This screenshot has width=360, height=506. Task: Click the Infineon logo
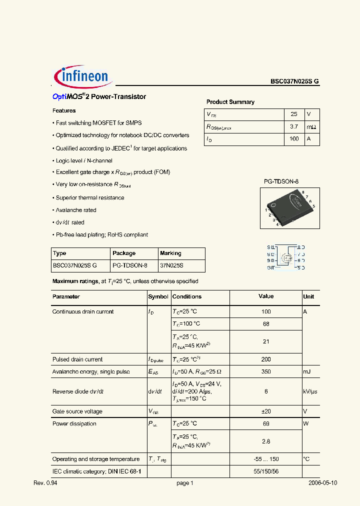coord(83,76)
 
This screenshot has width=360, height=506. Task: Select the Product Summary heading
coord(230,102)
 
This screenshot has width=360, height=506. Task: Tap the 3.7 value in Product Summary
coord(294,127)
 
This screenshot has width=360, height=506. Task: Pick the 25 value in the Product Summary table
coord(294,114)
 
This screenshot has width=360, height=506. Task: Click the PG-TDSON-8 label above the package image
coord(281,182)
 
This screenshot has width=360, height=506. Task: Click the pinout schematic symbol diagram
coord(286,257)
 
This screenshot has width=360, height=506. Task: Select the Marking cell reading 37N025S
coord(171,265)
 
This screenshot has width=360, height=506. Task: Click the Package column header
coord(124,253)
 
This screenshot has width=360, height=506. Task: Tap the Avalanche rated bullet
coord(75,210)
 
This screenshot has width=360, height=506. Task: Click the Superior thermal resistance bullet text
coord(90,197)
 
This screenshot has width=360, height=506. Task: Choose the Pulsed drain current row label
coord(77,359)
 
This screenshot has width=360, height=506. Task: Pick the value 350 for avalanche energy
coord(266,371)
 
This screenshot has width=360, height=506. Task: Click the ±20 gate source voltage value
coord(266,411)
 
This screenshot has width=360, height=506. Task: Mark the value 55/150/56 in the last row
coord(266,471)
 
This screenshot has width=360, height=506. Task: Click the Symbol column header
coord(158,296)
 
